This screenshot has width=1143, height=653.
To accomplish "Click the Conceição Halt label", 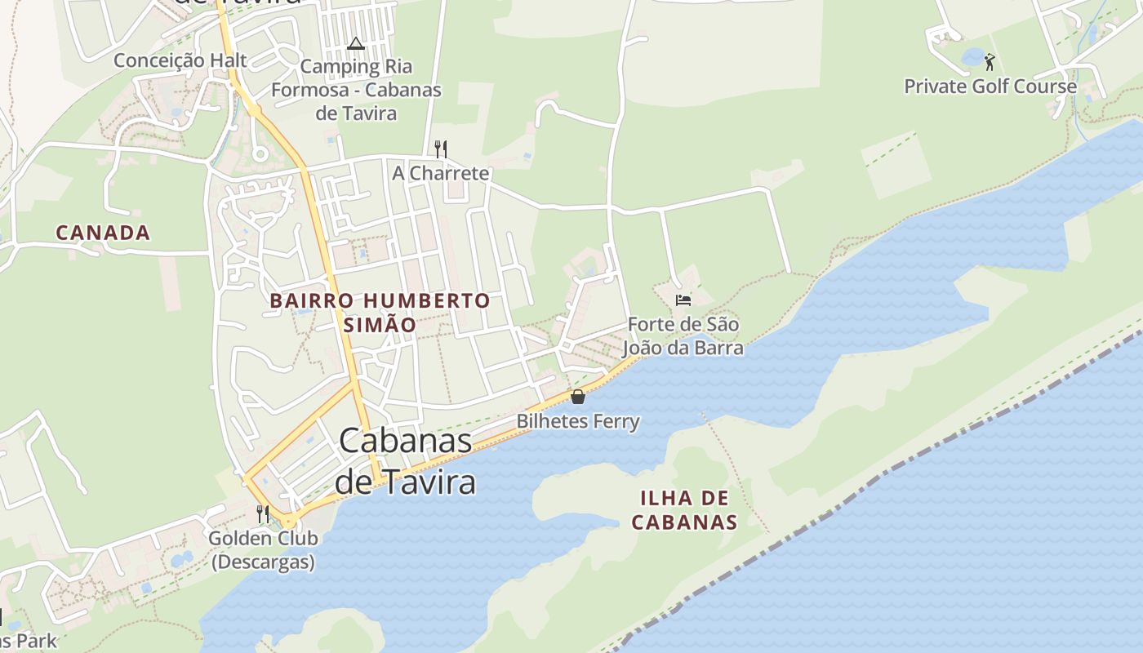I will point(180,60).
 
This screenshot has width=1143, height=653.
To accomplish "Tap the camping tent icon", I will point(355,43).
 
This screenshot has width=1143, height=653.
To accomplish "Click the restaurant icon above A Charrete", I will point(441,149).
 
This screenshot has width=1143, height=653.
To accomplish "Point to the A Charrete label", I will point(441,173).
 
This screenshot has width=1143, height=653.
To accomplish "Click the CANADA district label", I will point(103,233).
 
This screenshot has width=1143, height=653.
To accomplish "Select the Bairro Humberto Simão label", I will point(380,312).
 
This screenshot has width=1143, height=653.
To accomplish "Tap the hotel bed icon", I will point(683,300).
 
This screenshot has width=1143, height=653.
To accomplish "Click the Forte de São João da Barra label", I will point(683,336).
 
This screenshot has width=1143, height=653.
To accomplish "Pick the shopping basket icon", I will point(578,398).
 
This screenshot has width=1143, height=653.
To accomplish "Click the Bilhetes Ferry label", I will point(578,421).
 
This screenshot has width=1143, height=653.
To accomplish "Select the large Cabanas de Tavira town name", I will point(406,461).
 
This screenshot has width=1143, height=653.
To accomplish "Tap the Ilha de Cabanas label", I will point(685,509).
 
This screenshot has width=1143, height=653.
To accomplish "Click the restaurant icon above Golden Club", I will point(263,513).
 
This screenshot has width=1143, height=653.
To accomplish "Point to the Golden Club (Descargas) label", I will point(263,550).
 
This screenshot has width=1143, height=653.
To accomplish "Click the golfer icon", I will point(990,61).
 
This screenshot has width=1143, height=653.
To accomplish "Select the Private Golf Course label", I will point(990,86).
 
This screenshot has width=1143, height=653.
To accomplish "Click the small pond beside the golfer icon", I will point(972,57).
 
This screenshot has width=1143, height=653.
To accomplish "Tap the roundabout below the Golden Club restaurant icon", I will point(289,522).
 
